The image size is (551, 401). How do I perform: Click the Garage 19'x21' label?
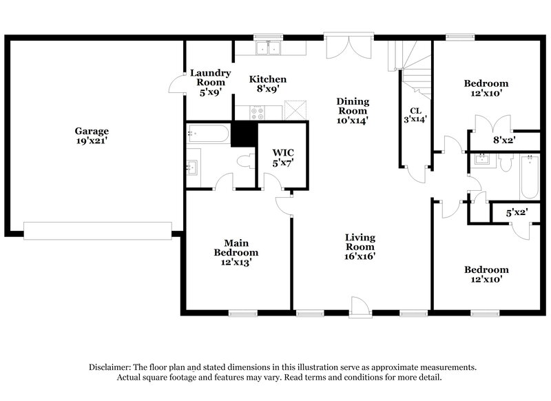(x=92, y=136)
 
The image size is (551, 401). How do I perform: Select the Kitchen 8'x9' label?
(x=267, y=84)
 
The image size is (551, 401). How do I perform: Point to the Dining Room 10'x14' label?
(x=353, y=110)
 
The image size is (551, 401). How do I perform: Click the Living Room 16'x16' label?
(x=360, y=246)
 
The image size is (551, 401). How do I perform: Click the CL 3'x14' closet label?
(x=415, y=114)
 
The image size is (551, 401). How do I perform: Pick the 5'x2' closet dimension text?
(x=516, y=214)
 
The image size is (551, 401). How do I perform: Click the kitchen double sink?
(x=269, y=48)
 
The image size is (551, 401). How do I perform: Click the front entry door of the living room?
(x=359, y=305)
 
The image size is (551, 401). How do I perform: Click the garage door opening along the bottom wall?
(x=96, y=230)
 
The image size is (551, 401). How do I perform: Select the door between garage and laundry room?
(x=177, y=85)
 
